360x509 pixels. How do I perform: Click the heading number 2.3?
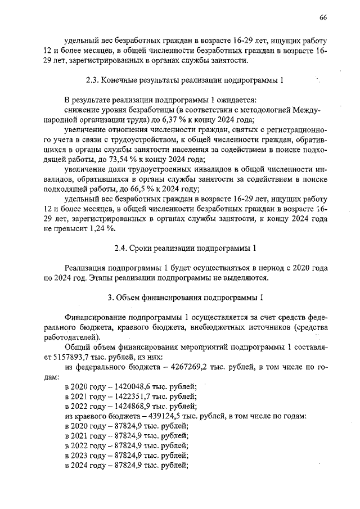(x=92, y=80)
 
